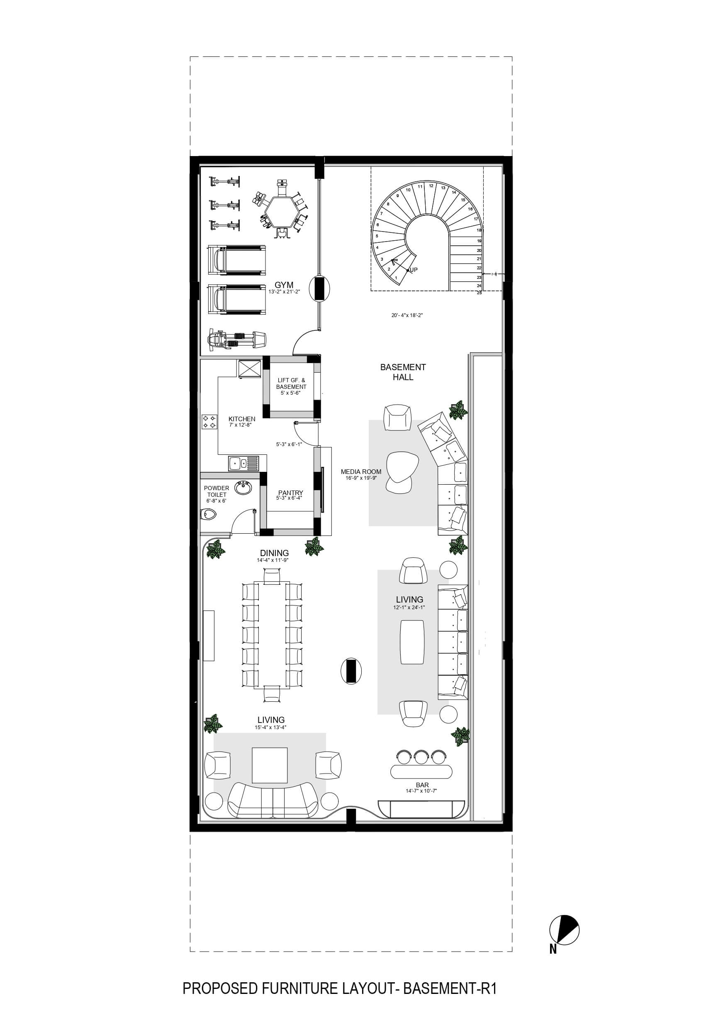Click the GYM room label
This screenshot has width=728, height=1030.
[x=284, y=285]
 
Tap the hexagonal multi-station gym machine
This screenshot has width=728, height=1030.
[x=282, y=210]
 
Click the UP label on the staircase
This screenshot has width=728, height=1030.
[x=414, y=270]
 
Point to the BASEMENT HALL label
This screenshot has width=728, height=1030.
[x=403, y=372]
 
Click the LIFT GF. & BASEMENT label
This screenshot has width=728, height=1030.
[x=291, y=383]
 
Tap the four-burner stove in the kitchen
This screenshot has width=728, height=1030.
[x=209, y=421]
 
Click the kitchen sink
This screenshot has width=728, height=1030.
[x=243, y=463]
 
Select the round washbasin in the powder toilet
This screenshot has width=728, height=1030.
[x=243, y=487]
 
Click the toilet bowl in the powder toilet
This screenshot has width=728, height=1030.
[x=209, y=514]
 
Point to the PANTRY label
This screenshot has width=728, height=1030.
[x=291, y=493]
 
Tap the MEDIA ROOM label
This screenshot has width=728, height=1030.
[x=361, y=471]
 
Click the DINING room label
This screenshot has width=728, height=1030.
[x=275, y=553]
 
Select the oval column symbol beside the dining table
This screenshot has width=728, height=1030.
[x=351, y=671]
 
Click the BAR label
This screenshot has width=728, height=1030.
[x=422, y=785]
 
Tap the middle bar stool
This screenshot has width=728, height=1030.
[x=421, y=757]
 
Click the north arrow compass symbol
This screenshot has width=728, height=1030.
[x=565, y=930]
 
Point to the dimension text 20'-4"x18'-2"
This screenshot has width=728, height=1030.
[x=407, y=315]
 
